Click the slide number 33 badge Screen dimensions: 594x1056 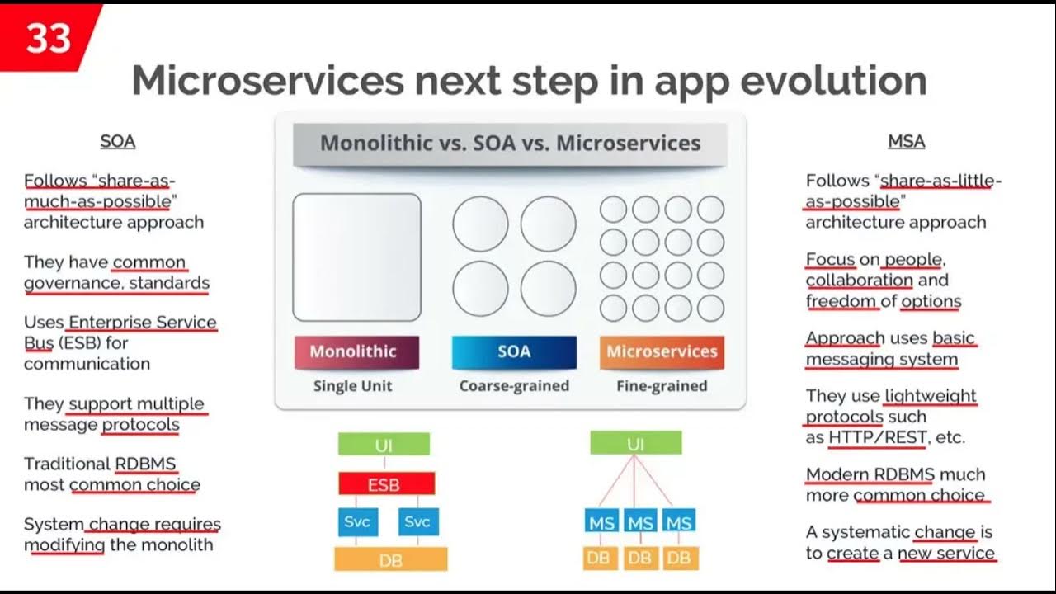pos(48,37)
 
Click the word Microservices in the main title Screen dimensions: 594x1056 pos(267,81)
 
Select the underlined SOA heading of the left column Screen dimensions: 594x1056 pos(117,141)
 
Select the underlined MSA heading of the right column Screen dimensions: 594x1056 pos(906,141)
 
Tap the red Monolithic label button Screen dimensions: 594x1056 pos(356,352)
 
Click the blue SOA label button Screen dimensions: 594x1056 pos(514,352)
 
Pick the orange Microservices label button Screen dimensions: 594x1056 pos(662,352)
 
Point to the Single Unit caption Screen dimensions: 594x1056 pos(352,386)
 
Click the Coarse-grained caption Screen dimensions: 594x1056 pos(514,386)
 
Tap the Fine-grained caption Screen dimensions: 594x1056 pos(662,386)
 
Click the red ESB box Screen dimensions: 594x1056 pos(386,483)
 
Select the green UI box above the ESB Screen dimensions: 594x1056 pos(384,445)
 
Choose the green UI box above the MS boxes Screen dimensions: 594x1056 pos(635,444)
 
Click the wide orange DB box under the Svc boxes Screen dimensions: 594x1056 pos(390,559)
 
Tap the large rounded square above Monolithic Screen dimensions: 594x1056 pos(356,257)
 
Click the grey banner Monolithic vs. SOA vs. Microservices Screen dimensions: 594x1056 pos(510,143)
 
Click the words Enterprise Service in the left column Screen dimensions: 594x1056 pos(143,322)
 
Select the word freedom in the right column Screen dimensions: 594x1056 pos(841,301)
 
